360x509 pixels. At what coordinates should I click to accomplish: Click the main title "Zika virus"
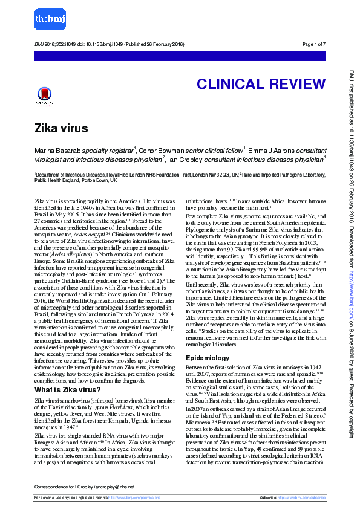pyautogui.click(x=61, y=128)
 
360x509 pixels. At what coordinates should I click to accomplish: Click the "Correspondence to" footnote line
pyautogui.click(x=83, y=486)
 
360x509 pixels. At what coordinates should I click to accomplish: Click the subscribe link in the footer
pyautogui.click(x=308, y=497)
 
